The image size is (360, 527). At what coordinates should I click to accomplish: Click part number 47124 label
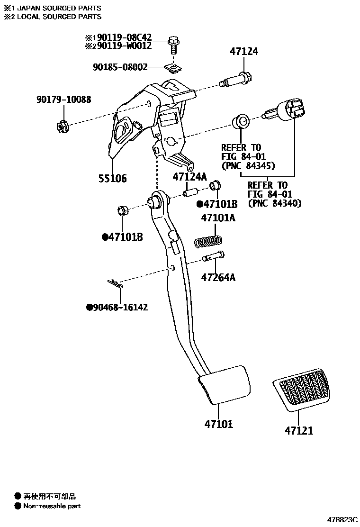(x=244, y=52)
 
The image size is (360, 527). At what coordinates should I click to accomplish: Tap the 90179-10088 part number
(x=63, y=100)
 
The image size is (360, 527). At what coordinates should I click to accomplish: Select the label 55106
(x=113, y=178)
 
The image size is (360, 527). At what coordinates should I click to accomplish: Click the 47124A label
(x=190, y=177)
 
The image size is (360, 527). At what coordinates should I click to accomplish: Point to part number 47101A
(x=218, y=218)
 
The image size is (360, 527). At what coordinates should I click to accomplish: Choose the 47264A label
(x=218, y=277)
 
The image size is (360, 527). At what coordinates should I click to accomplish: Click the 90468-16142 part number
(x=120, y=308)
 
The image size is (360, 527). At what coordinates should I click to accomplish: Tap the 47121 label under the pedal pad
(x=299, y=431)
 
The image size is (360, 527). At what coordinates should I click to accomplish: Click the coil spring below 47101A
(x=208, y=242)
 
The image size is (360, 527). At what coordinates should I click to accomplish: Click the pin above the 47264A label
(x=213, y=256)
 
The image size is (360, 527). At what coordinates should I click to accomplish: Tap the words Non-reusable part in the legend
(x=52, y=506)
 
